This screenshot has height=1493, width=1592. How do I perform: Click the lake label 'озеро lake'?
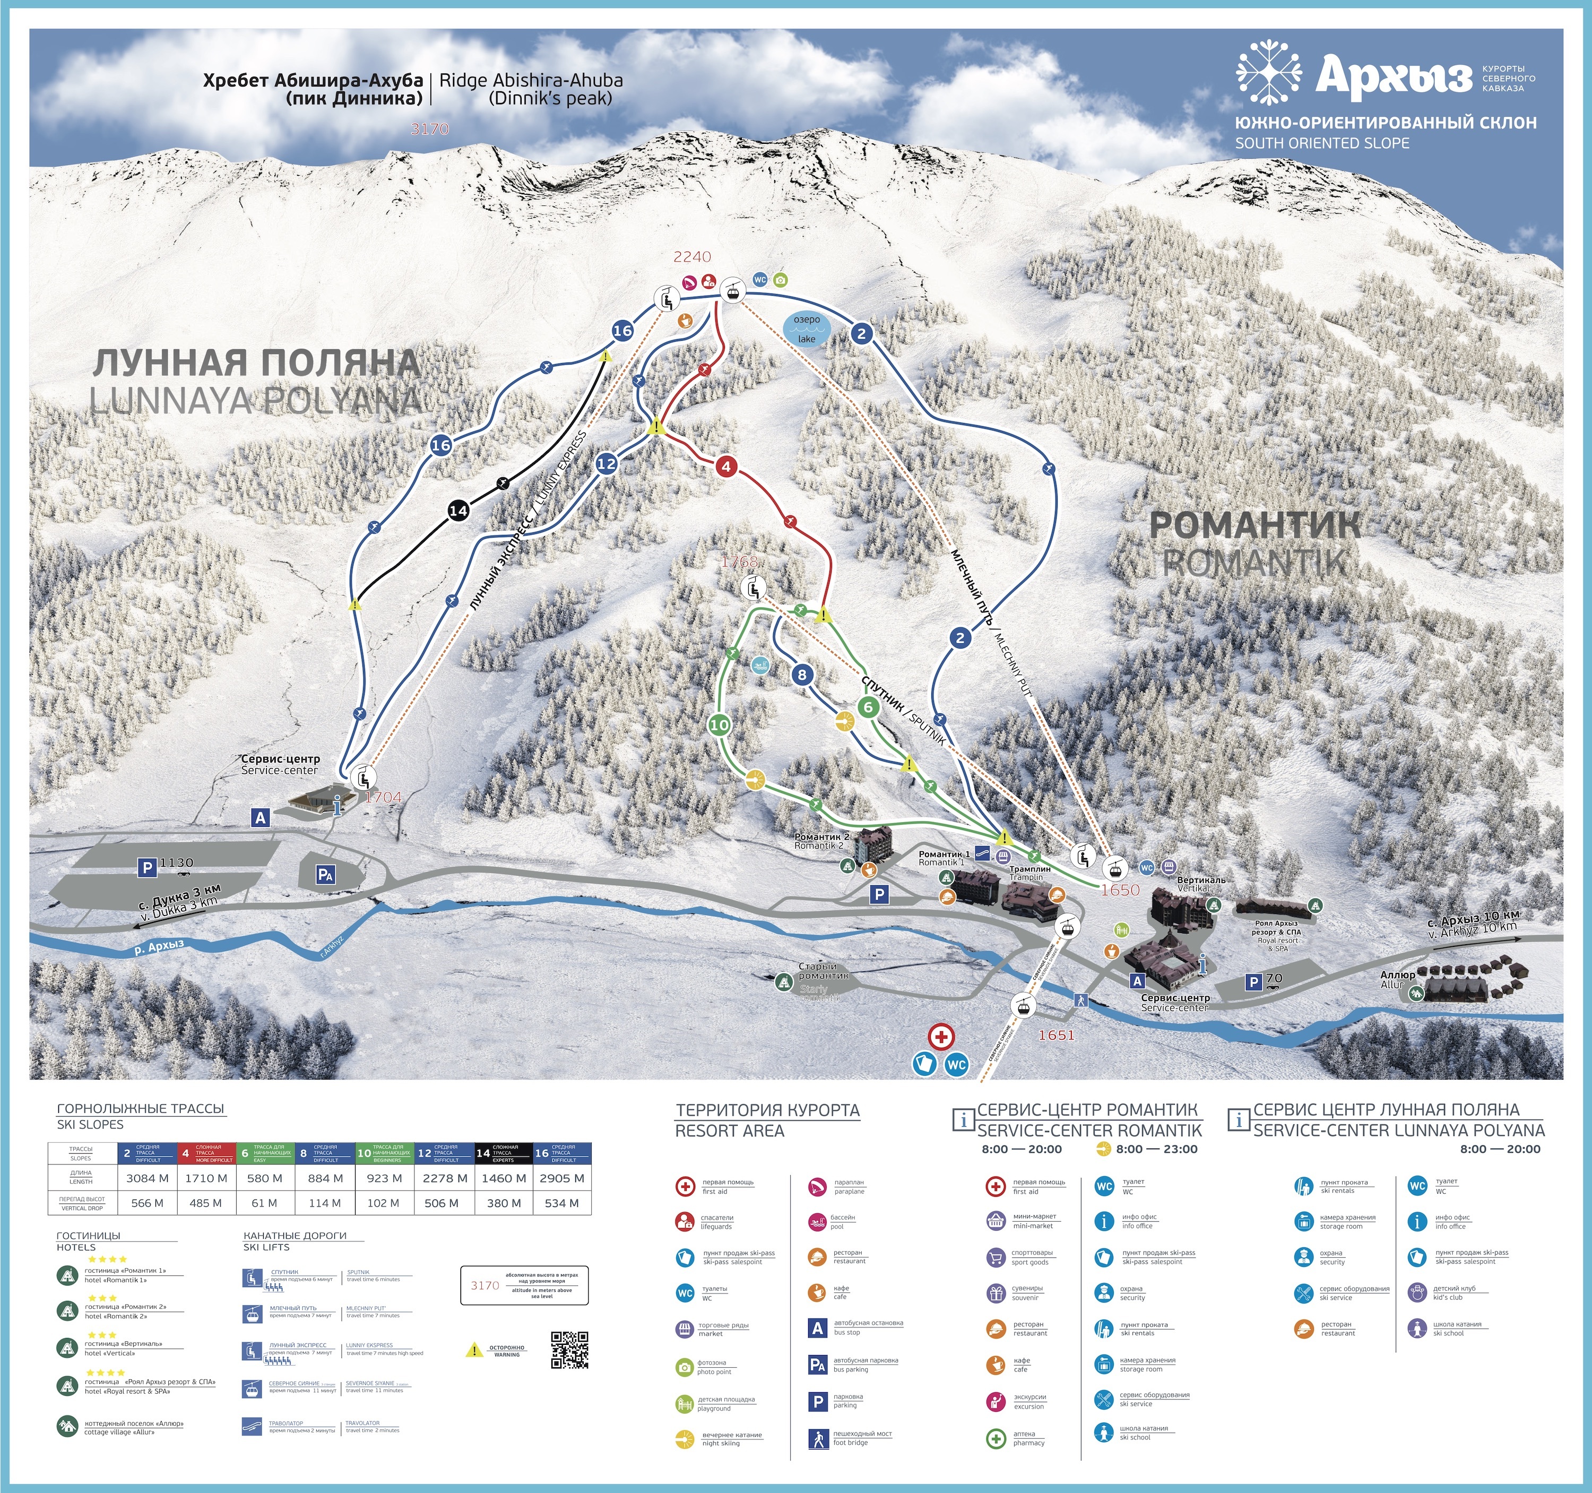tap(807, 329)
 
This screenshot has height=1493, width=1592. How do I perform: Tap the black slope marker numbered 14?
tap(458, 510)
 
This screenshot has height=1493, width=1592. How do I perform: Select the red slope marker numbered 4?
tap(725, 466)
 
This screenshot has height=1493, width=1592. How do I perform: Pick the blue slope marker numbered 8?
tap(802, 675)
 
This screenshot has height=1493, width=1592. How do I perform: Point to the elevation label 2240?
tap(692, 256)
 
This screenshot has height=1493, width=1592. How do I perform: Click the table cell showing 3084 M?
tap(148, 1178)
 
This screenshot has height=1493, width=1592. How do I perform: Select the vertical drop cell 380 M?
tap(504, 1203)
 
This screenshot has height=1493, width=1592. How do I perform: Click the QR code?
tap(569, 1350)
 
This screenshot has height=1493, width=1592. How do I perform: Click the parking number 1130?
tap(176, 862)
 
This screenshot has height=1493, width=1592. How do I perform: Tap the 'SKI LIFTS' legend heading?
tap(267, 1247)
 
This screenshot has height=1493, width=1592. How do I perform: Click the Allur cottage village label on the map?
tap(1397, 979)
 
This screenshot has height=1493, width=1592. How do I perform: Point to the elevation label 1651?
tap(1056, 1035)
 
